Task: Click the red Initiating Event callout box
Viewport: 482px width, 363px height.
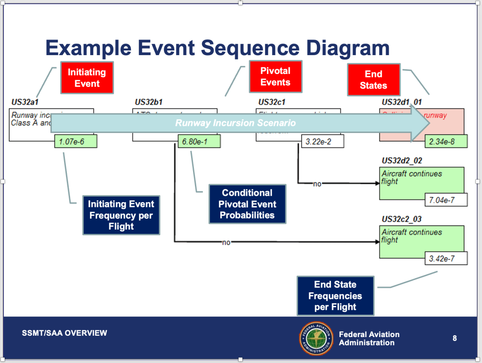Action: (x=87, y=78)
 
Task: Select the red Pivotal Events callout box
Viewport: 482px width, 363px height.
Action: (x=275, y=76)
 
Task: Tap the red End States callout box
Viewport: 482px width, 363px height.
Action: (x=373, y=80)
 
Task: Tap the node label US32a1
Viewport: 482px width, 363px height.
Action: (x=24, y=102)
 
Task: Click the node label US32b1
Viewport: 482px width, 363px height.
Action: (x=149, y=102)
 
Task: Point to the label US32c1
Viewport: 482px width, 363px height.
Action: (x=272, y=102)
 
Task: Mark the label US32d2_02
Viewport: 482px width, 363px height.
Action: (x=402, y=161)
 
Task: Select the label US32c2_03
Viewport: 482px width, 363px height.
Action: (x=402, y=219)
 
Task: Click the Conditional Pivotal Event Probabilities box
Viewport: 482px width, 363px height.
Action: (x=247, y=204)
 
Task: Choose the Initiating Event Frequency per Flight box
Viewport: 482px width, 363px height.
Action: (x=121, y=215)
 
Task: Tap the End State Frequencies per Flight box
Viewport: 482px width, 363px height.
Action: (x=335, y=296)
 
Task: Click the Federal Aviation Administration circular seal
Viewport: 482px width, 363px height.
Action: (x=316, y=338)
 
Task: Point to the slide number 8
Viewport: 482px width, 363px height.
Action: (x=454, y=338)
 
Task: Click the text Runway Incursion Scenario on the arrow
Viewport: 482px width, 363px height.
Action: (x=235, y=123)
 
